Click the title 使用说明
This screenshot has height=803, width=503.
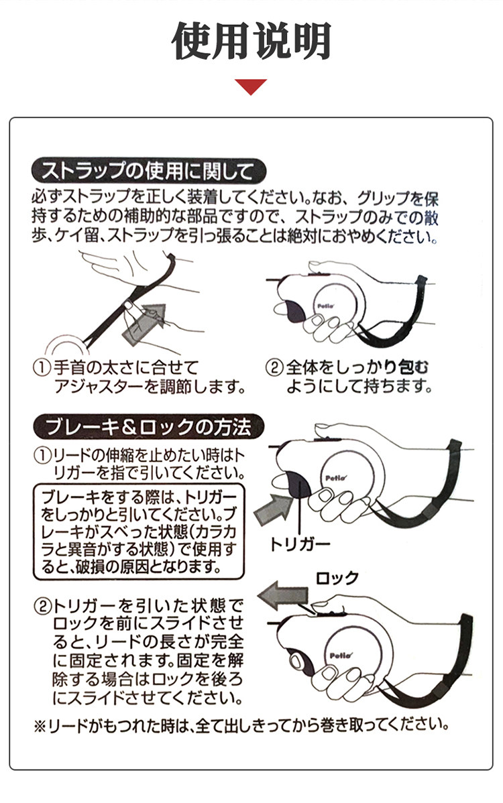251,41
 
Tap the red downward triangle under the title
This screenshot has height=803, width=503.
251,86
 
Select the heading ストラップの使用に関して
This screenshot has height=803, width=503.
148,171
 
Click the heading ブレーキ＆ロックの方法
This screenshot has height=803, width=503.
148,426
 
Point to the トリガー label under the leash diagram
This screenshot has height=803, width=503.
300,544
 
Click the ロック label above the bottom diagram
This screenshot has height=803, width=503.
337,578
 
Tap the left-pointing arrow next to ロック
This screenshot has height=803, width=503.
283,596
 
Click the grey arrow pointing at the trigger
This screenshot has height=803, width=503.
273,509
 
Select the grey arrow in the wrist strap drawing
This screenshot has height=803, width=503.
145,324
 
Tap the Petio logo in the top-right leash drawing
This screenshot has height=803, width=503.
325,306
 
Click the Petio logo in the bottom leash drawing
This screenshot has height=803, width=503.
341,656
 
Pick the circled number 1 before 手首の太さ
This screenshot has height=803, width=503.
42,367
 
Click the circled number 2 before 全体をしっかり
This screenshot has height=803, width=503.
274,367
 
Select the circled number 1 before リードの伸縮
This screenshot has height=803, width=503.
42,454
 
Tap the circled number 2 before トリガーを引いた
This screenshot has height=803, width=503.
42,607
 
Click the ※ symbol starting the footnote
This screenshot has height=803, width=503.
40,726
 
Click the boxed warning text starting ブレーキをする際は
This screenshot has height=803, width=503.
138,532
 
